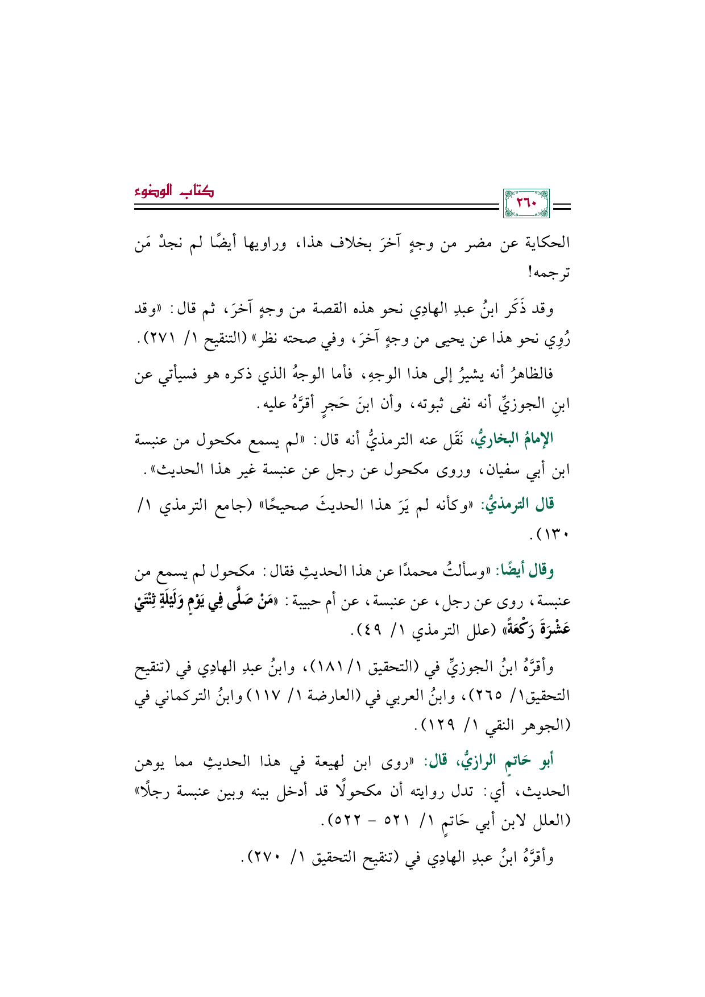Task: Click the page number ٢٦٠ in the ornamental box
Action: click(525, 203)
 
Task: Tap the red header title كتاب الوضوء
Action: click(174, 192)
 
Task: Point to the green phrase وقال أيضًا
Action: click(524, 570)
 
